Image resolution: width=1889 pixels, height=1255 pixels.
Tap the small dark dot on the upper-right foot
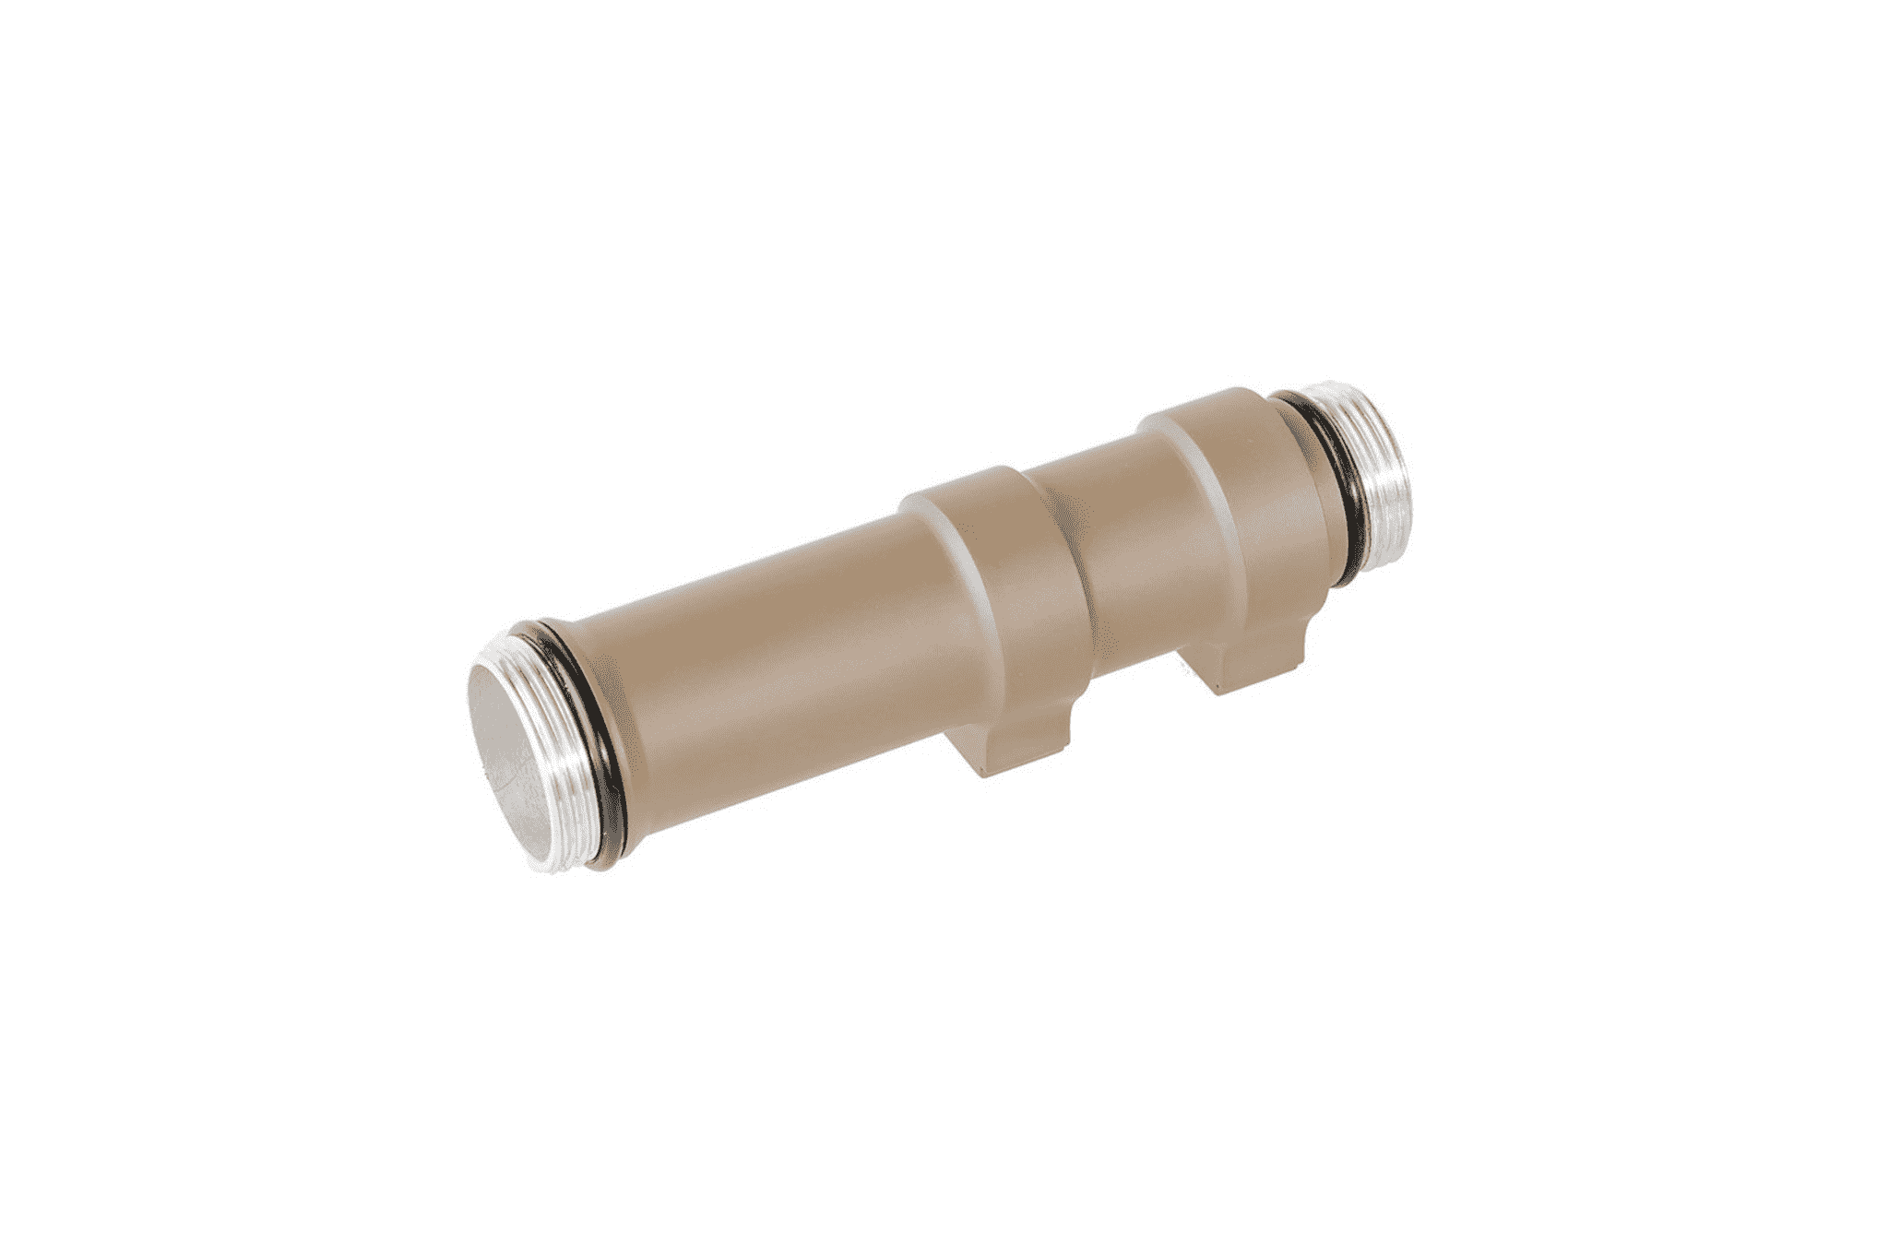1220,686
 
